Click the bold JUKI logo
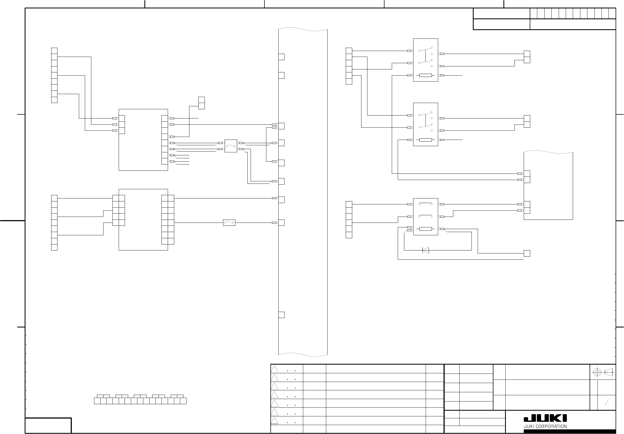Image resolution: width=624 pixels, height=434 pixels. coord(545,418)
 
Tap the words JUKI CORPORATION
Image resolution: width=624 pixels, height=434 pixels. coord(545,426)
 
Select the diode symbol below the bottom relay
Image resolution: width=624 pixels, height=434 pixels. coord(426,250)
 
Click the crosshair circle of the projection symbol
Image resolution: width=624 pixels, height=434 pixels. coord(597,372)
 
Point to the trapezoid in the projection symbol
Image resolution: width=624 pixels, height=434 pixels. coord(609,372)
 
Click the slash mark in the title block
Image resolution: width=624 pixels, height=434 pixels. coord(606,403)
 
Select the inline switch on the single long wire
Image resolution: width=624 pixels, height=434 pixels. coord(229,223)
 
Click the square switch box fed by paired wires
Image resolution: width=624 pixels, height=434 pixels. coord(231,146)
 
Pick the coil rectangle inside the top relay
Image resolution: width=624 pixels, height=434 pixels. coord(426,75)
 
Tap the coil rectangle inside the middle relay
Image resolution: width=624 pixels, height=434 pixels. coord(426,140)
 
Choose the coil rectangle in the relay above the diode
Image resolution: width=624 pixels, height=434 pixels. coord(426,229)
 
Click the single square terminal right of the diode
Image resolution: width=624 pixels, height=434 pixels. coord(527,253)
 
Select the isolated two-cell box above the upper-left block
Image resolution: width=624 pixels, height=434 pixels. coord(202,103)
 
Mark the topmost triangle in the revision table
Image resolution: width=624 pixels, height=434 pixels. coord(275,369)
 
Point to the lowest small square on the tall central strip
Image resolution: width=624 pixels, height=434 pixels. coord(282,315)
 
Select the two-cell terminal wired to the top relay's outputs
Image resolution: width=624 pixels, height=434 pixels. coord(527,57)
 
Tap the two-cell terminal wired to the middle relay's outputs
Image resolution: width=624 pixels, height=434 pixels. coord(527,121)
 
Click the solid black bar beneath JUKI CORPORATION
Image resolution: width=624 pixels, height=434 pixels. coord(570,432)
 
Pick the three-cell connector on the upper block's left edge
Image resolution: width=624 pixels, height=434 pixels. coord(122,124)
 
